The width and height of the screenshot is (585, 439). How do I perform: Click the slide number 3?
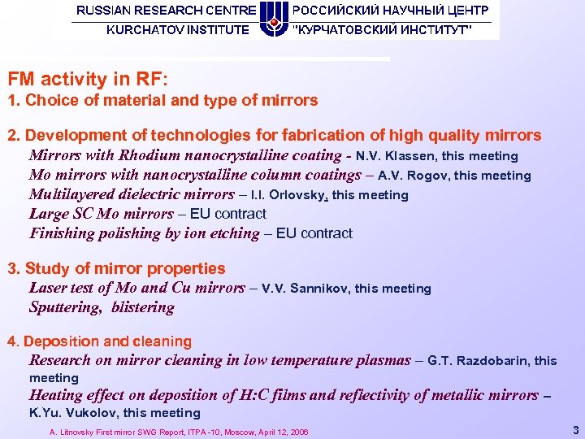pyautogui.click(x=575, y=428)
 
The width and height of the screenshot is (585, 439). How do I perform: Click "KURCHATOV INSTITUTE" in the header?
pyautogui.click(x=179, y=30)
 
